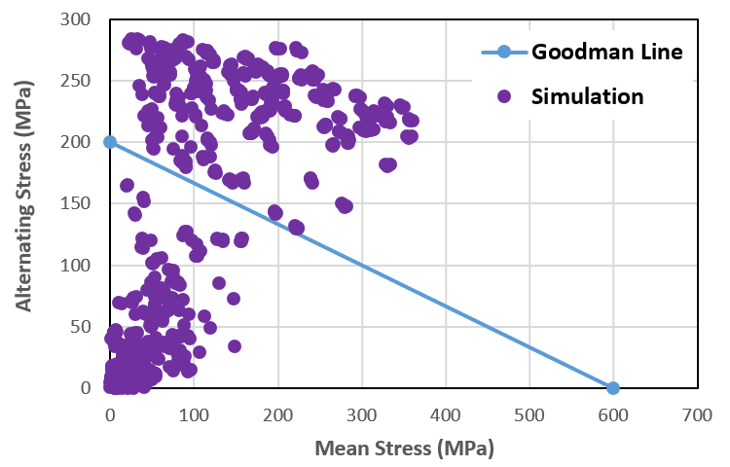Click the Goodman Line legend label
click(x=601, y=52)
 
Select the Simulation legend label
click(x=587, y=96)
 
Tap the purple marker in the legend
click(x=504, y=96)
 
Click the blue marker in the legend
click(x=504, y=52)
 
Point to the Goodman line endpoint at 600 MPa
click(x=613, y=387)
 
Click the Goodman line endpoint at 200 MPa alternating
click(x=110, y=142)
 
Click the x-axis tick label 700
click(x=697, y=413)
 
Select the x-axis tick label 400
click(x=446, y=413)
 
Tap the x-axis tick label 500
click(x=529, y=413)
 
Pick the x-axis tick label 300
click(x=362, y=413)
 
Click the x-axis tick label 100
click(x=194, y=413)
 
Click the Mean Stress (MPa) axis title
click(x=404, y=449)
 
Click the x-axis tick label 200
click(x=278, y=413)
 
